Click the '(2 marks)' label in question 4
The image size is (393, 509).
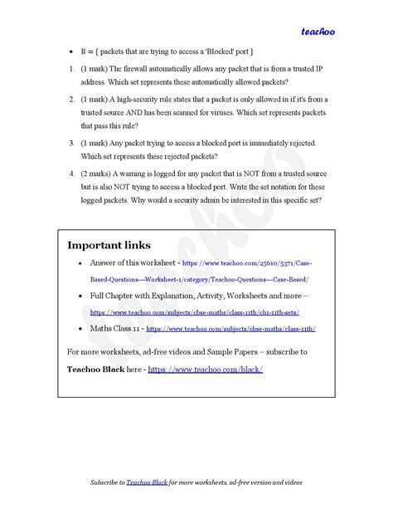[101, 174]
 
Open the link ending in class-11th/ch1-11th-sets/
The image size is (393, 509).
[195, 312]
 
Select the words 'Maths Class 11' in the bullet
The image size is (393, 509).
[116, 328]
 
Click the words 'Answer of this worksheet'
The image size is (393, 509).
[136, 262]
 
